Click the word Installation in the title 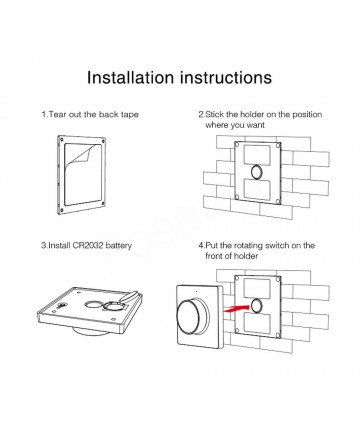click(130, 77)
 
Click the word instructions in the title click(226, 77)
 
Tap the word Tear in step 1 click(57, 115)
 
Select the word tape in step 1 click(129, 115)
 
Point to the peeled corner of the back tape click(84, 153)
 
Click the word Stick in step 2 click(214, 115)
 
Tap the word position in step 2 click(307, 115)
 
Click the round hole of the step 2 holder click(257, 172)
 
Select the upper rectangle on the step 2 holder click(257, 155)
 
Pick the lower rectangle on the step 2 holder click(257, 189)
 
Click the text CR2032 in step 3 click(87, 246)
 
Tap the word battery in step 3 click(119, 246)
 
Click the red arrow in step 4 click(237, 308)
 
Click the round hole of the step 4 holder click(257, 306)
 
